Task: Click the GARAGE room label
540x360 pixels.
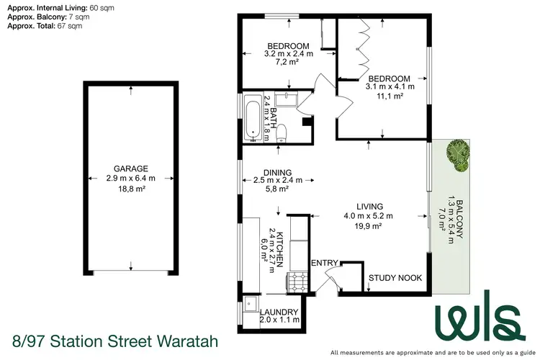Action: [130, 168]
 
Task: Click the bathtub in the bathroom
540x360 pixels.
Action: [252, 117]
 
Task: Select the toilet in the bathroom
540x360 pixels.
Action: [284, 132]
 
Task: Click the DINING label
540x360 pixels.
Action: [277, 171]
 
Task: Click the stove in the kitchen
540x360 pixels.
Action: [298, 282]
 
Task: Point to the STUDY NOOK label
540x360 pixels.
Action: [395, 278]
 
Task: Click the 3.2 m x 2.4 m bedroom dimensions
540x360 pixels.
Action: [289, 53]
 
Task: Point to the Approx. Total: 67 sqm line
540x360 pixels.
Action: [45, 25]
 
